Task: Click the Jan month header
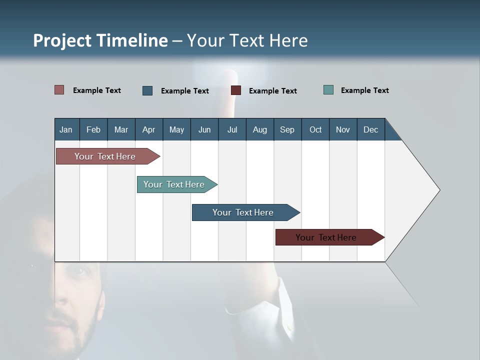click(x=66, y=129)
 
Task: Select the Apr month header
click(x=149, y=129)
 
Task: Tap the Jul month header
click(x=232, y=129)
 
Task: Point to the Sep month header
click(x=287, y=129)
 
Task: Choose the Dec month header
click(x=370, y=129)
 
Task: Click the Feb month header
click(x=93, y=129)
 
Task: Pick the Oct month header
click(x=315, y=129)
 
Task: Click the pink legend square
click(x=59, y=90)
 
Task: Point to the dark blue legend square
click(x=147, y=90)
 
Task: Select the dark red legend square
click(x=236, y=90)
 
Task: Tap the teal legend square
click(x=328, y=90)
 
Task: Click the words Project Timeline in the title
click(x=100, y=40)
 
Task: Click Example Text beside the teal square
click(x=364, y=90)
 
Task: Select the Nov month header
click(x=343, y=129)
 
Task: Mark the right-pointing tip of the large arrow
click(x=439, y=190)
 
